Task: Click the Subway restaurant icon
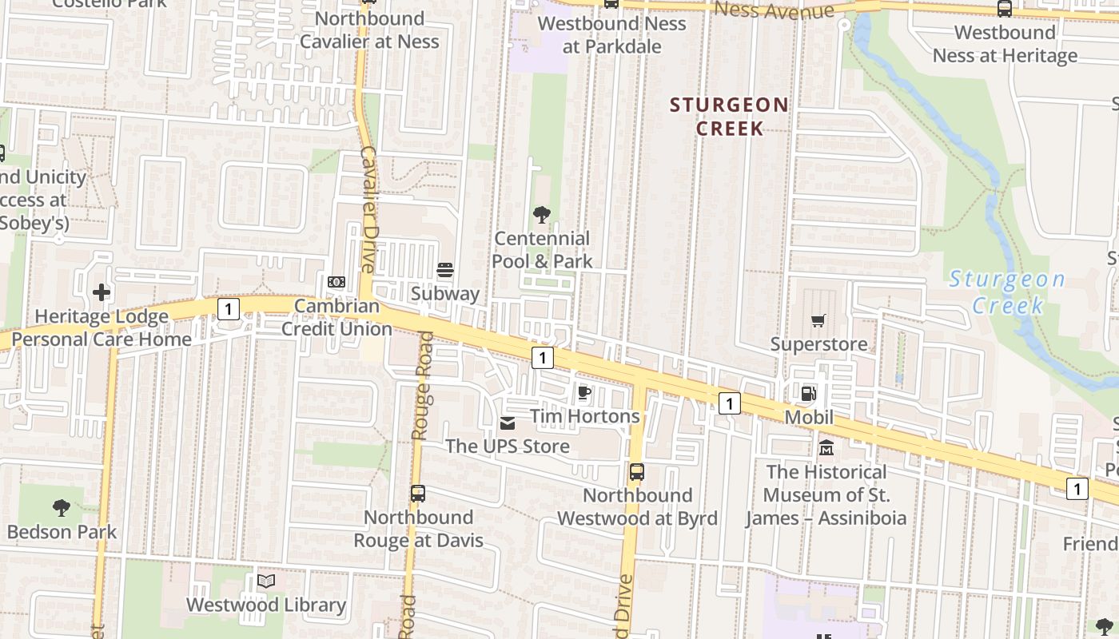(x=445, y=270)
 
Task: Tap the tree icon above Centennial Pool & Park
(x=542, y=214)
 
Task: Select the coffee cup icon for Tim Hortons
(x=584, y=392)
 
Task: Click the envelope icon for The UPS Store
(x=508, y=423)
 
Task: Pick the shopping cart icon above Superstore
(x=818, y=321)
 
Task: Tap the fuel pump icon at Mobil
(x=809, y=393)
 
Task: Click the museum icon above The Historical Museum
(x=826, y=447)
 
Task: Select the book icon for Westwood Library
(x=266, y=581)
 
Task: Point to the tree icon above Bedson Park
(x=62, y=507)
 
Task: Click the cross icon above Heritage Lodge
(x=102, y=292)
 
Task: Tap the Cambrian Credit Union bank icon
(x=336, y=282)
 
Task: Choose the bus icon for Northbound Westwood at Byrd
(x=636, y=471)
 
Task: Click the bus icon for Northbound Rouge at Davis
(x=418, y=493)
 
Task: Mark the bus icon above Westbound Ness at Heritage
(x=1005, y=9)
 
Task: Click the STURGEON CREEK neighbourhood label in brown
(x=729, y=117)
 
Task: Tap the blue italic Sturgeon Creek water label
(x=1007, y=292)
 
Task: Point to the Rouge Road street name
(x=423, y=386)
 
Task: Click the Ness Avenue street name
(x=775, y=10)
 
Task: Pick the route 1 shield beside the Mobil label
(x=729, y=403)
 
